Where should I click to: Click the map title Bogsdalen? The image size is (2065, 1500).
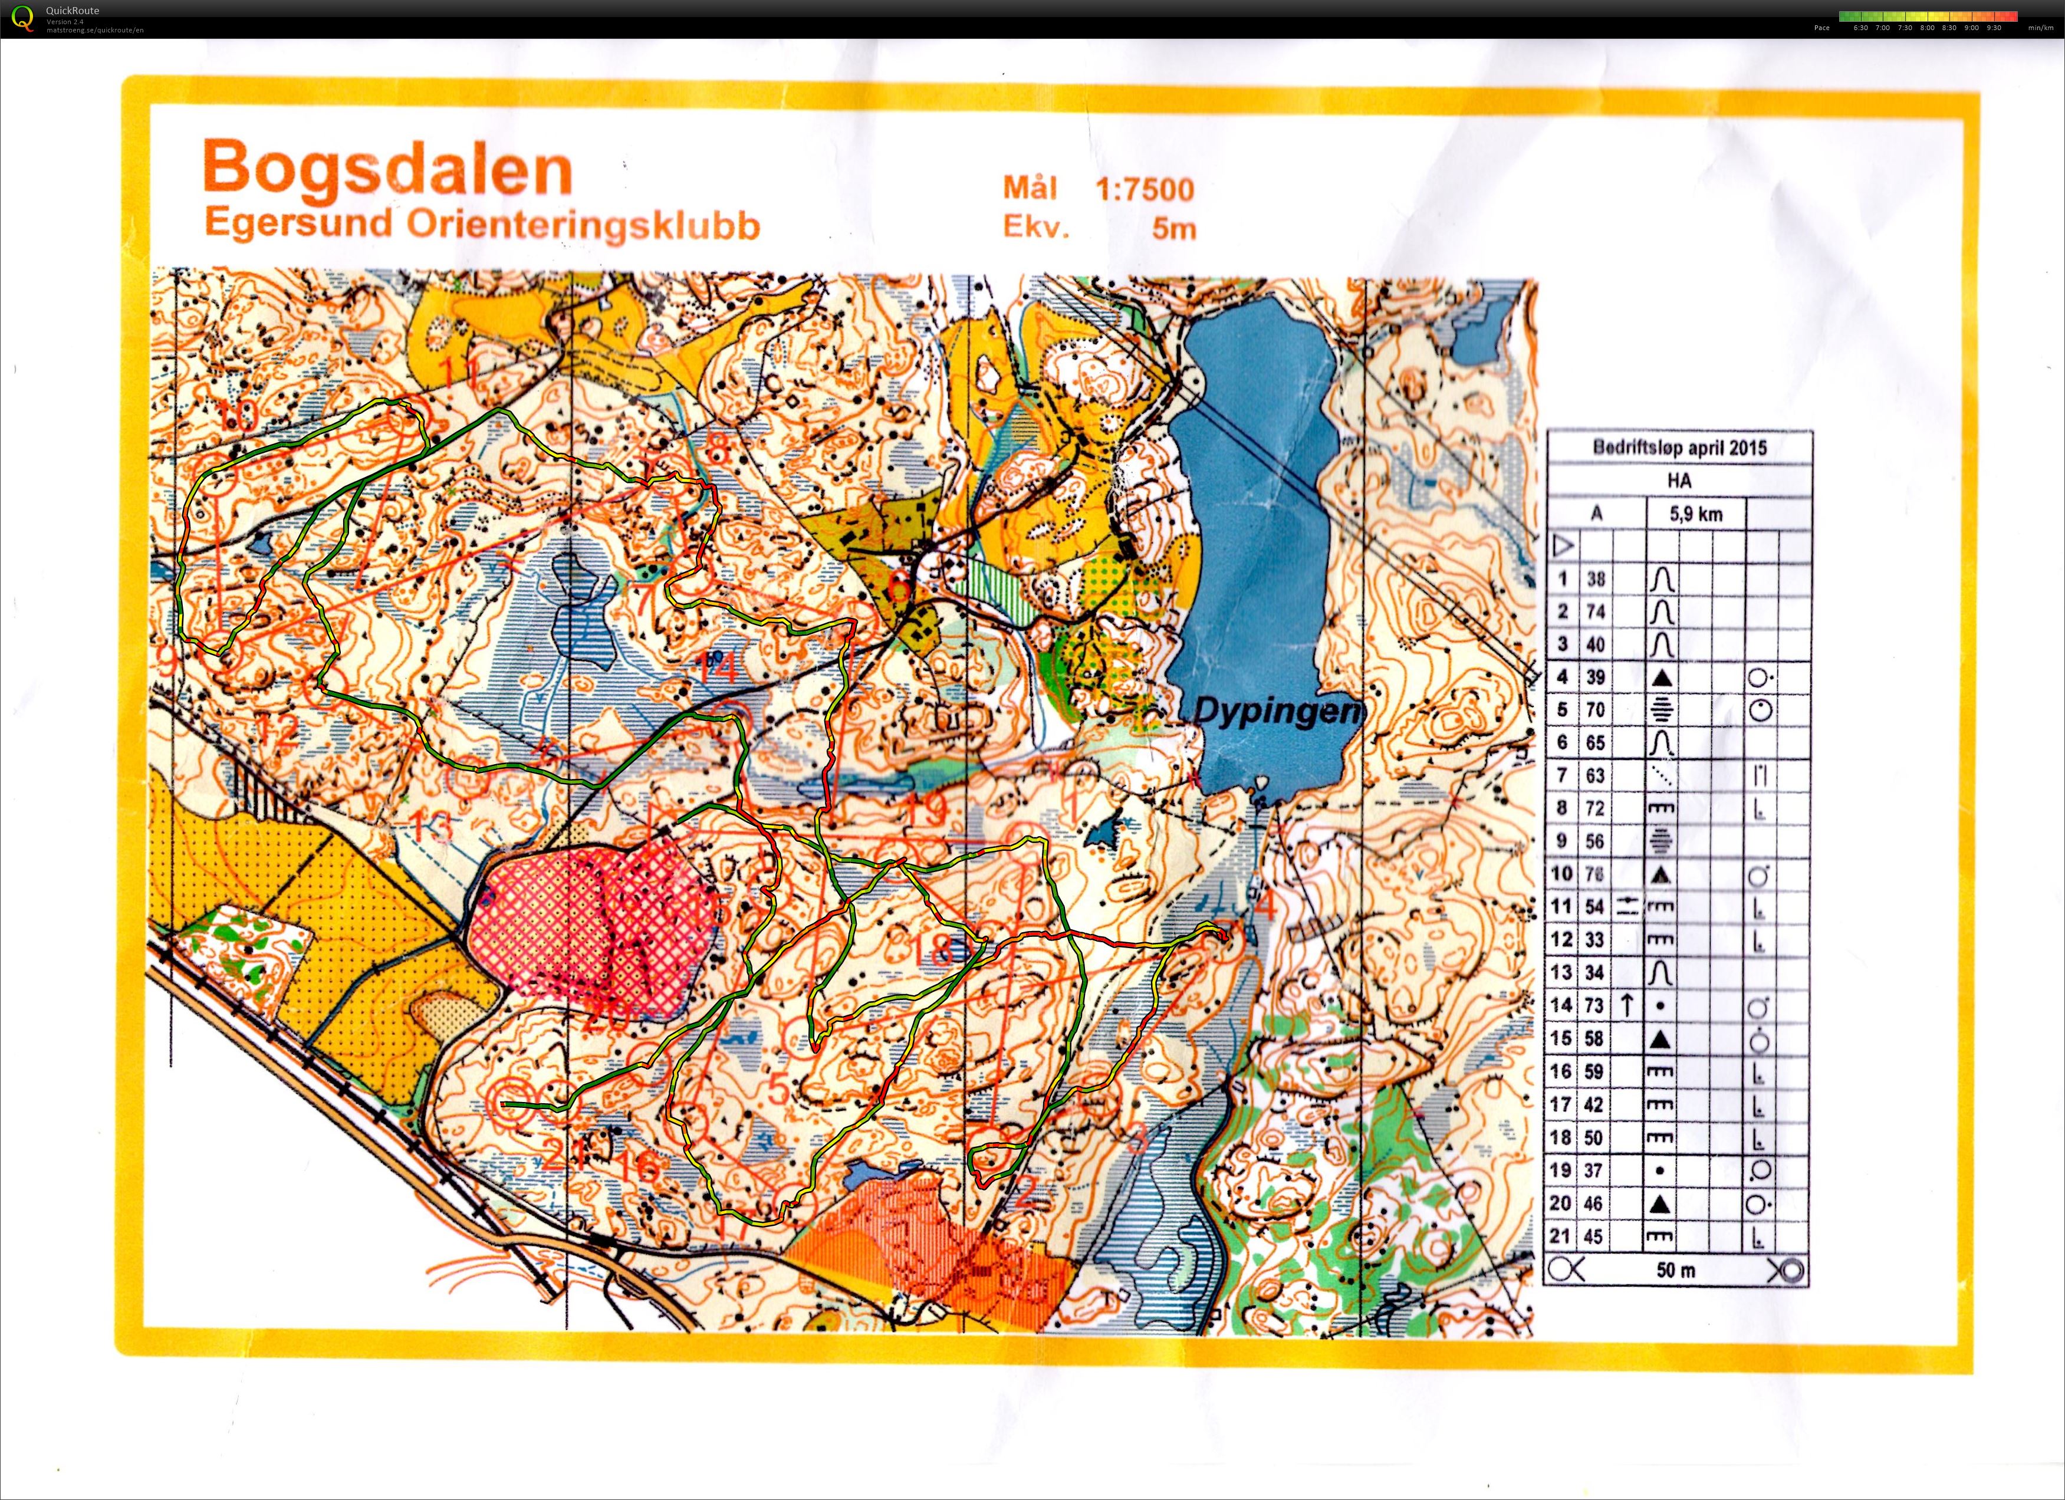pyautogui.click(x=387, y=169)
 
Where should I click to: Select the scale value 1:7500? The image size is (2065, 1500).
pyautogui.click(x=1145, y=189)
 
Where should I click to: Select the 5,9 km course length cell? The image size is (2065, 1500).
pyautogui.click(x=1695, y=514)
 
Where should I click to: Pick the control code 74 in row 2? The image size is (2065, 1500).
pyautogui.click(x=1594, y=611)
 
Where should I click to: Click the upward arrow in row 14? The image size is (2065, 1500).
pyautogui.click(x=1626, y=1006)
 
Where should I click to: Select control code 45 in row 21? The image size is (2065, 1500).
pyautogui.click(x=1594, y=1236)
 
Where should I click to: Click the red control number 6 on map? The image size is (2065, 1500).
pyautogui.click(x=899, y=585)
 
